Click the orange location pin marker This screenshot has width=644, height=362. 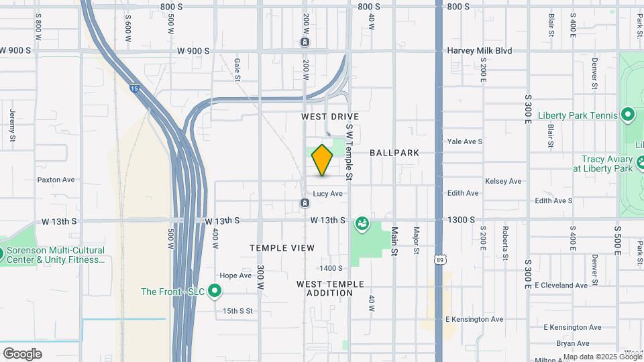tap(322, 160)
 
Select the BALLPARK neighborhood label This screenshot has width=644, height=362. tap(394, 153)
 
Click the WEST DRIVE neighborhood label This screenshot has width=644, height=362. tap(330, 117)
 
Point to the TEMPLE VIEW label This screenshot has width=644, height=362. tap(282, 248)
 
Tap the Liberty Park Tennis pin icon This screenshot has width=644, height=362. tap(628, 115)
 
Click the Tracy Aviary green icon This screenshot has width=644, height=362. tap(641, 163)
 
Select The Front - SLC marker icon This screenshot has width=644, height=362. tap(215, 291)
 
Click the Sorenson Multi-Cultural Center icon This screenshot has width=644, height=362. tap(2, 253)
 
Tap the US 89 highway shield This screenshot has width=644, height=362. tap(439, 258)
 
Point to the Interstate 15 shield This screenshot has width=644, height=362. tap(134, 88)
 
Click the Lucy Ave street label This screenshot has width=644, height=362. tap(328, 194)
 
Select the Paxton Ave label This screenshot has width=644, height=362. tap(56, 180)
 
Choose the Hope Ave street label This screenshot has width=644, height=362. tap(235, 276)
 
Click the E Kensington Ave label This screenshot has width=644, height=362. tap(474, 319)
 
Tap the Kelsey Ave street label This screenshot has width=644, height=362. tap(503, 181)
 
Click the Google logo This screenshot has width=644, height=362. tap(22, 354)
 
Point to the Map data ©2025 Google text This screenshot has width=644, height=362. tap(602, 357)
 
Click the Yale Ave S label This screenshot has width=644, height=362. tap(466, 141)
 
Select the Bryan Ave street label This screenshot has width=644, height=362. tap(553, 343)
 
